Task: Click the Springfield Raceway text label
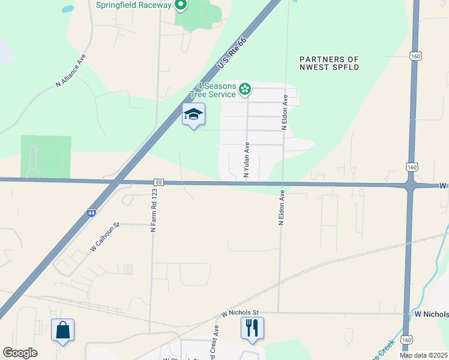133,5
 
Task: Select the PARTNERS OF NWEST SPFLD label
330,63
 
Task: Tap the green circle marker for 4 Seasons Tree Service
245,90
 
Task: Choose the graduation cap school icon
193,114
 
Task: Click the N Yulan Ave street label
246,160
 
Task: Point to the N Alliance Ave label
71,72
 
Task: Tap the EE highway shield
159,182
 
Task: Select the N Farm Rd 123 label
154,211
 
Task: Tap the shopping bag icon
62,330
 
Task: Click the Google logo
20,353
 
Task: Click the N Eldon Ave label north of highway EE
286,112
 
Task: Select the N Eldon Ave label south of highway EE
280,208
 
